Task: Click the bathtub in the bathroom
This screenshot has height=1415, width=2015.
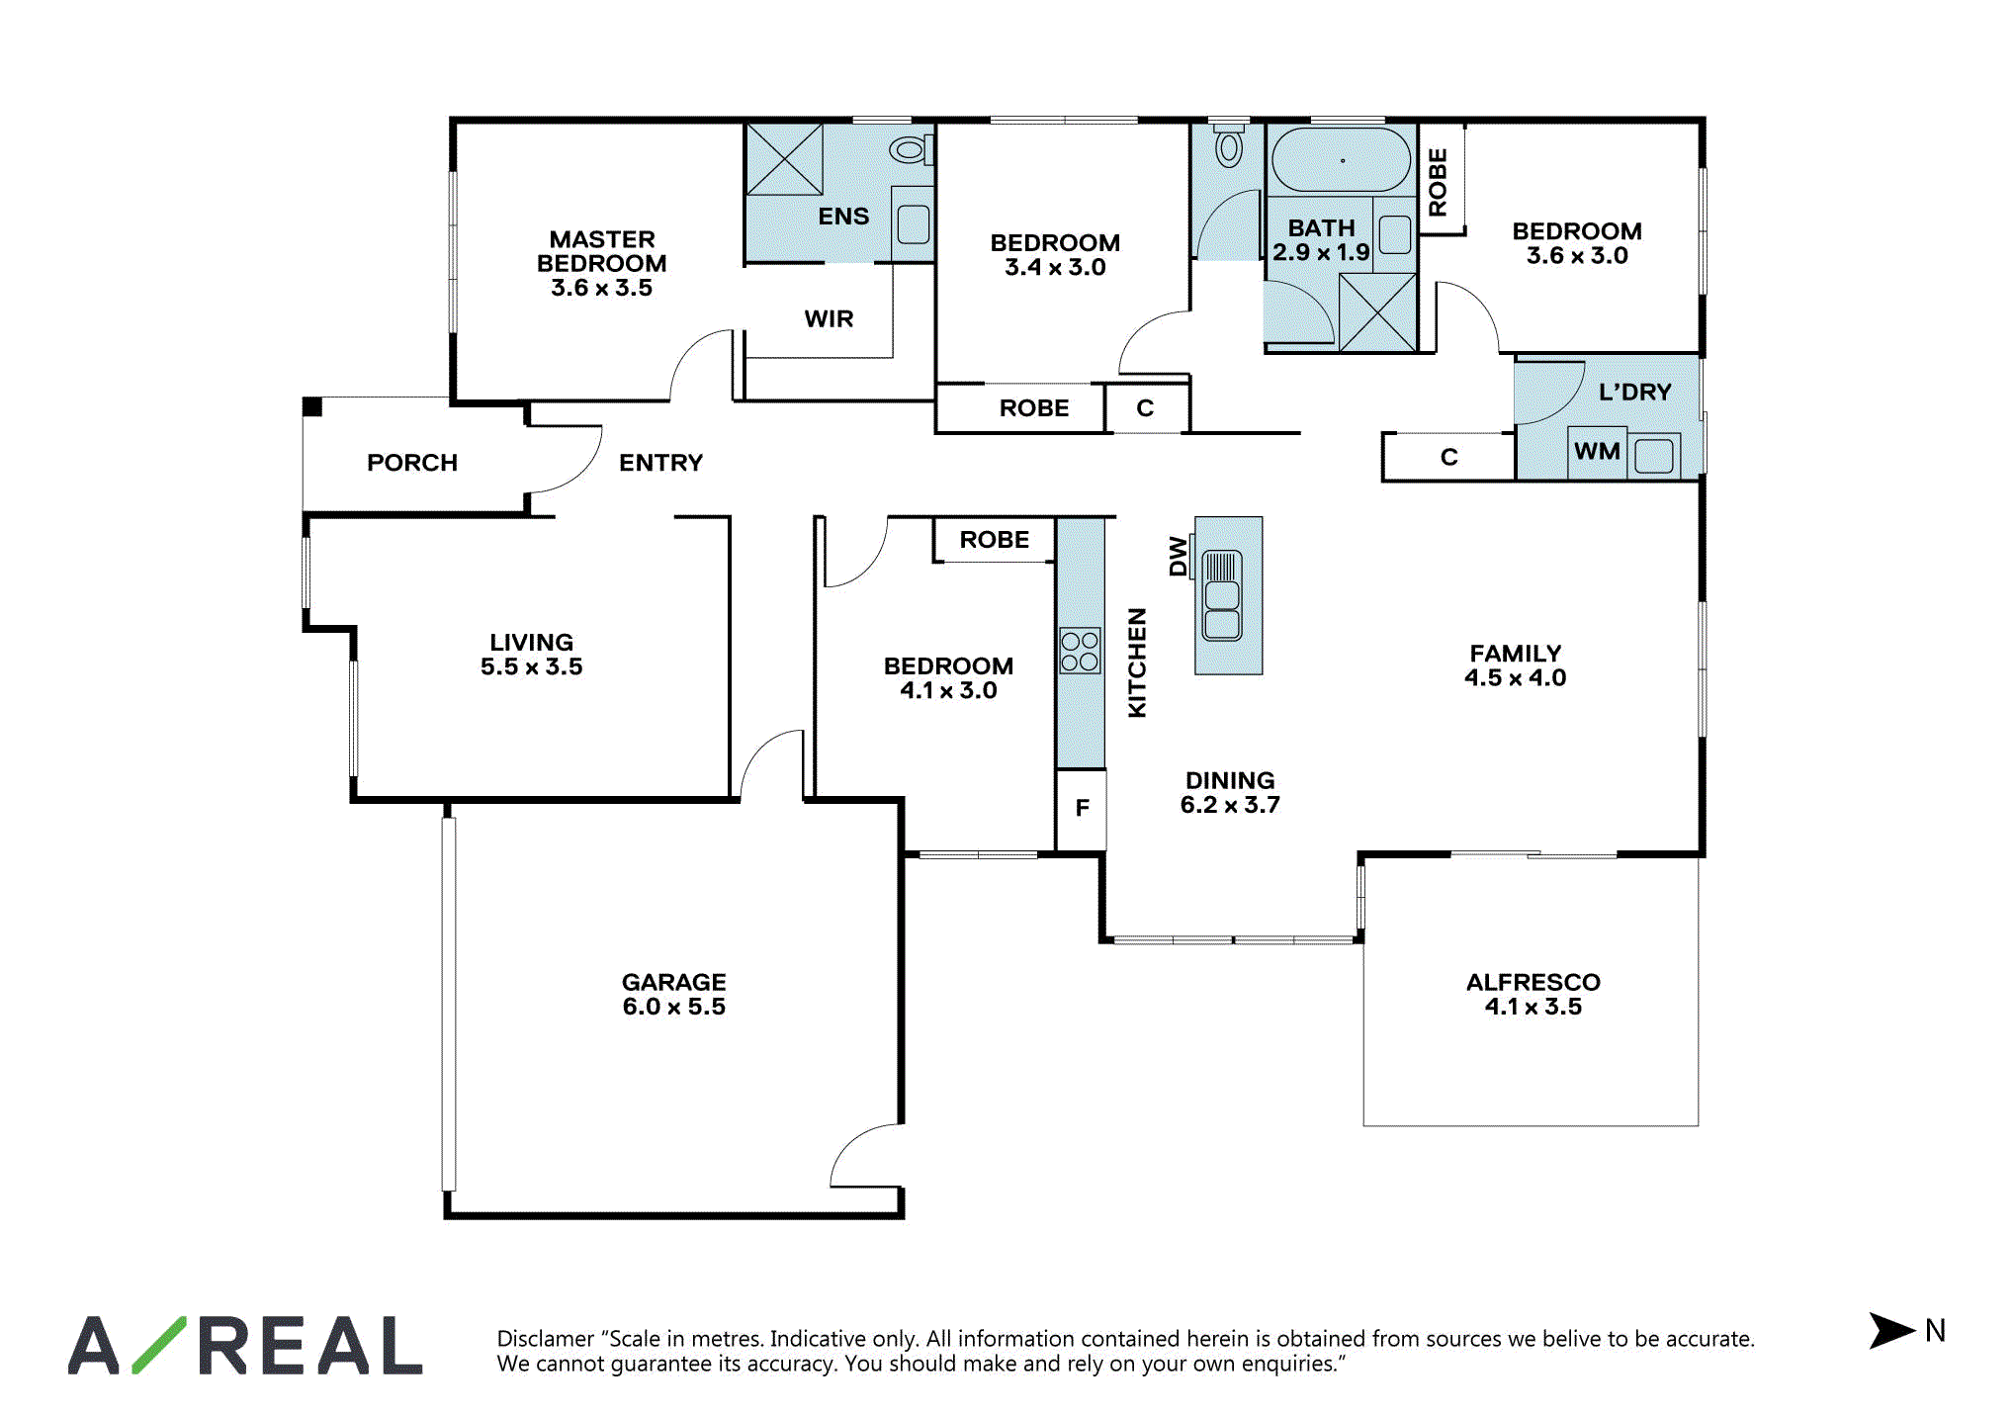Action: (x=1341, y=159)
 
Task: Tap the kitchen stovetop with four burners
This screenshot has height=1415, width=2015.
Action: (x=1080, y=651)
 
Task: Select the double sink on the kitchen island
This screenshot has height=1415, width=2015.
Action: (x=1222, y=595)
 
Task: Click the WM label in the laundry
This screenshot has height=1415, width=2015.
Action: (x=1597, y=452)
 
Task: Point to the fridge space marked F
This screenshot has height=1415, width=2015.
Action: (x=1082, y=809)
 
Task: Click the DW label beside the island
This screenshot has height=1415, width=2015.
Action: (x=1178, y=556)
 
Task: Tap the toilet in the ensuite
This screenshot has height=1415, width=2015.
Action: (x=911, y=150)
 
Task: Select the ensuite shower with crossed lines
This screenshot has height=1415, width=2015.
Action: (x=784, y=159)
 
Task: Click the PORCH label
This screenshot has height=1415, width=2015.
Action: (x=412, y=463)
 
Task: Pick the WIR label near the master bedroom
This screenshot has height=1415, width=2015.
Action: (x=829, y=319)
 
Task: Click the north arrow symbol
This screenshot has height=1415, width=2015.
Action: (x=1890, y=1330)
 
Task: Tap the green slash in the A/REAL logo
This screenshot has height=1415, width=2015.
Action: (x=159, y=1345)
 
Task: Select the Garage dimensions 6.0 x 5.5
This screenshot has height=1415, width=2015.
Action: (x=674, y=1007)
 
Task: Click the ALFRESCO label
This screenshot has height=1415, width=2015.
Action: (x=1533, y=982)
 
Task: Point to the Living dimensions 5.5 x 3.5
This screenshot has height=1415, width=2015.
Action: (x=532, y=667)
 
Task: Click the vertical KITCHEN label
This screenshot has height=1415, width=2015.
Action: (x=1137, y=663)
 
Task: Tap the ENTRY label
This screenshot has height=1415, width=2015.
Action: (x=660, y=463)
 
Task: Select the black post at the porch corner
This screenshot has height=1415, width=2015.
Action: (x=312, y=406)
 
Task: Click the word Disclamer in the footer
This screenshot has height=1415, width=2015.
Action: (x=546, y=1339)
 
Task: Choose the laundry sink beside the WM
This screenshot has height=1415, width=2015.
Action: (x=1654, y=456)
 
